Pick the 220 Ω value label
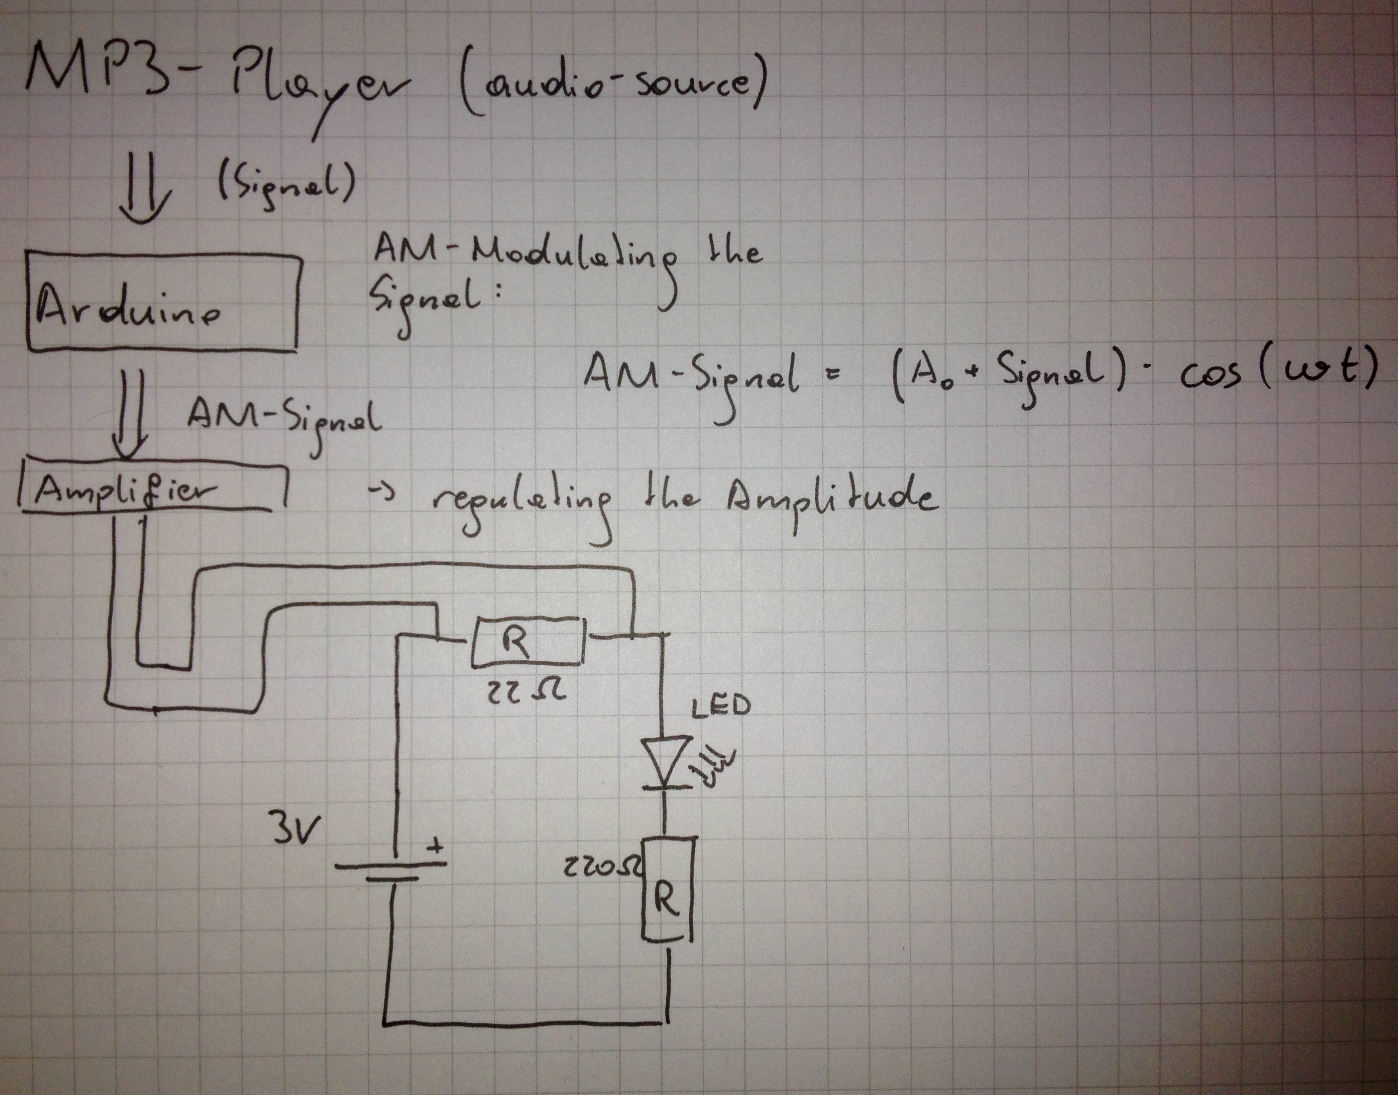point(601,869)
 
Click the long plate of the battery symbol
point(390,863)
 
